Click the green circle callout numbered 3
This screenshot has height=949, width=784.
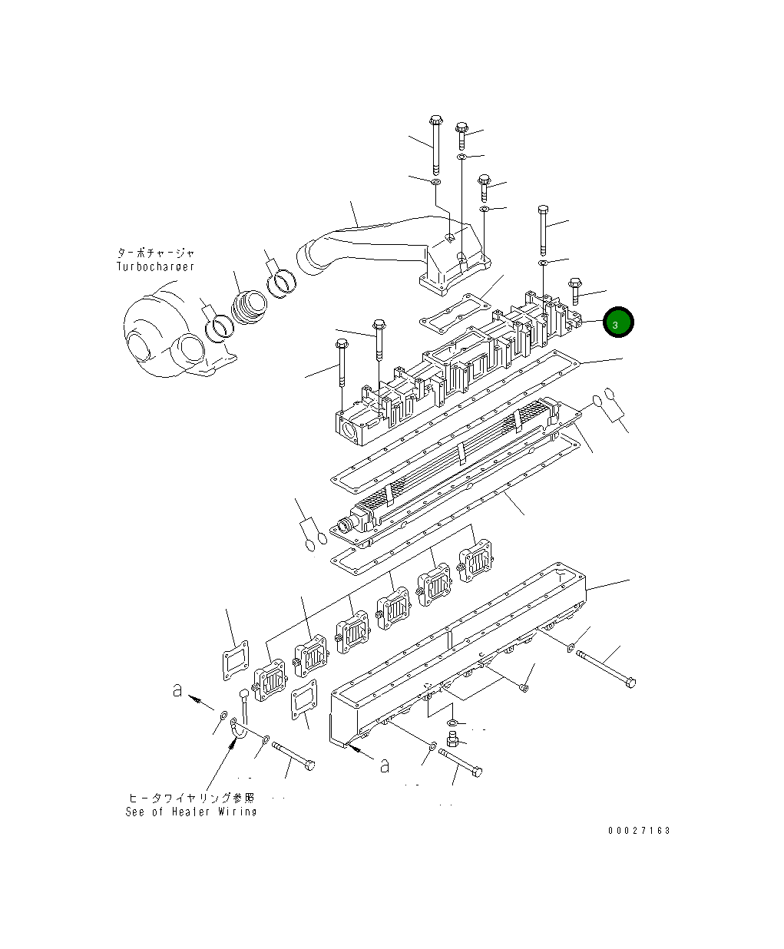click(x=618, y=324)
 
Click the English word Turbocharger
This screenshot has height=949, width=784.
click(x=156, y=266)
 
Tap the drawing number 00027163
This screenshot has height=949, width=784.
click(x=639, y=831)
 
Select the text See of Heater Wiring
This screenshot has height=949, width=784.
click(x=191, y=812)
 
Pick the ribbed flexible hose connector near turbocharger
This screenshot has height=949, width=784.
click(x=249, y=308)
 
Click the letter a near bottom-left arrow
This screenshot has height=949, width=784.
click(x=177, y=692)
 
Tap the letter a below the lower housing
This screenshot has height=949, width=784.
click(x=385, y=765)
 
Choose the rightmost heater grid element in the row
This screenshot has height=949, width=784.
click(x=475, y=556)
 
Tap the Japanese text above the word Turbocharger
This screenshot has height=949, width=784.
click(x=156, y=253)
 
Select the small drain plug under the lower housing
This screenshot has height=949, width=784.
click(x=452, y=739)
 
